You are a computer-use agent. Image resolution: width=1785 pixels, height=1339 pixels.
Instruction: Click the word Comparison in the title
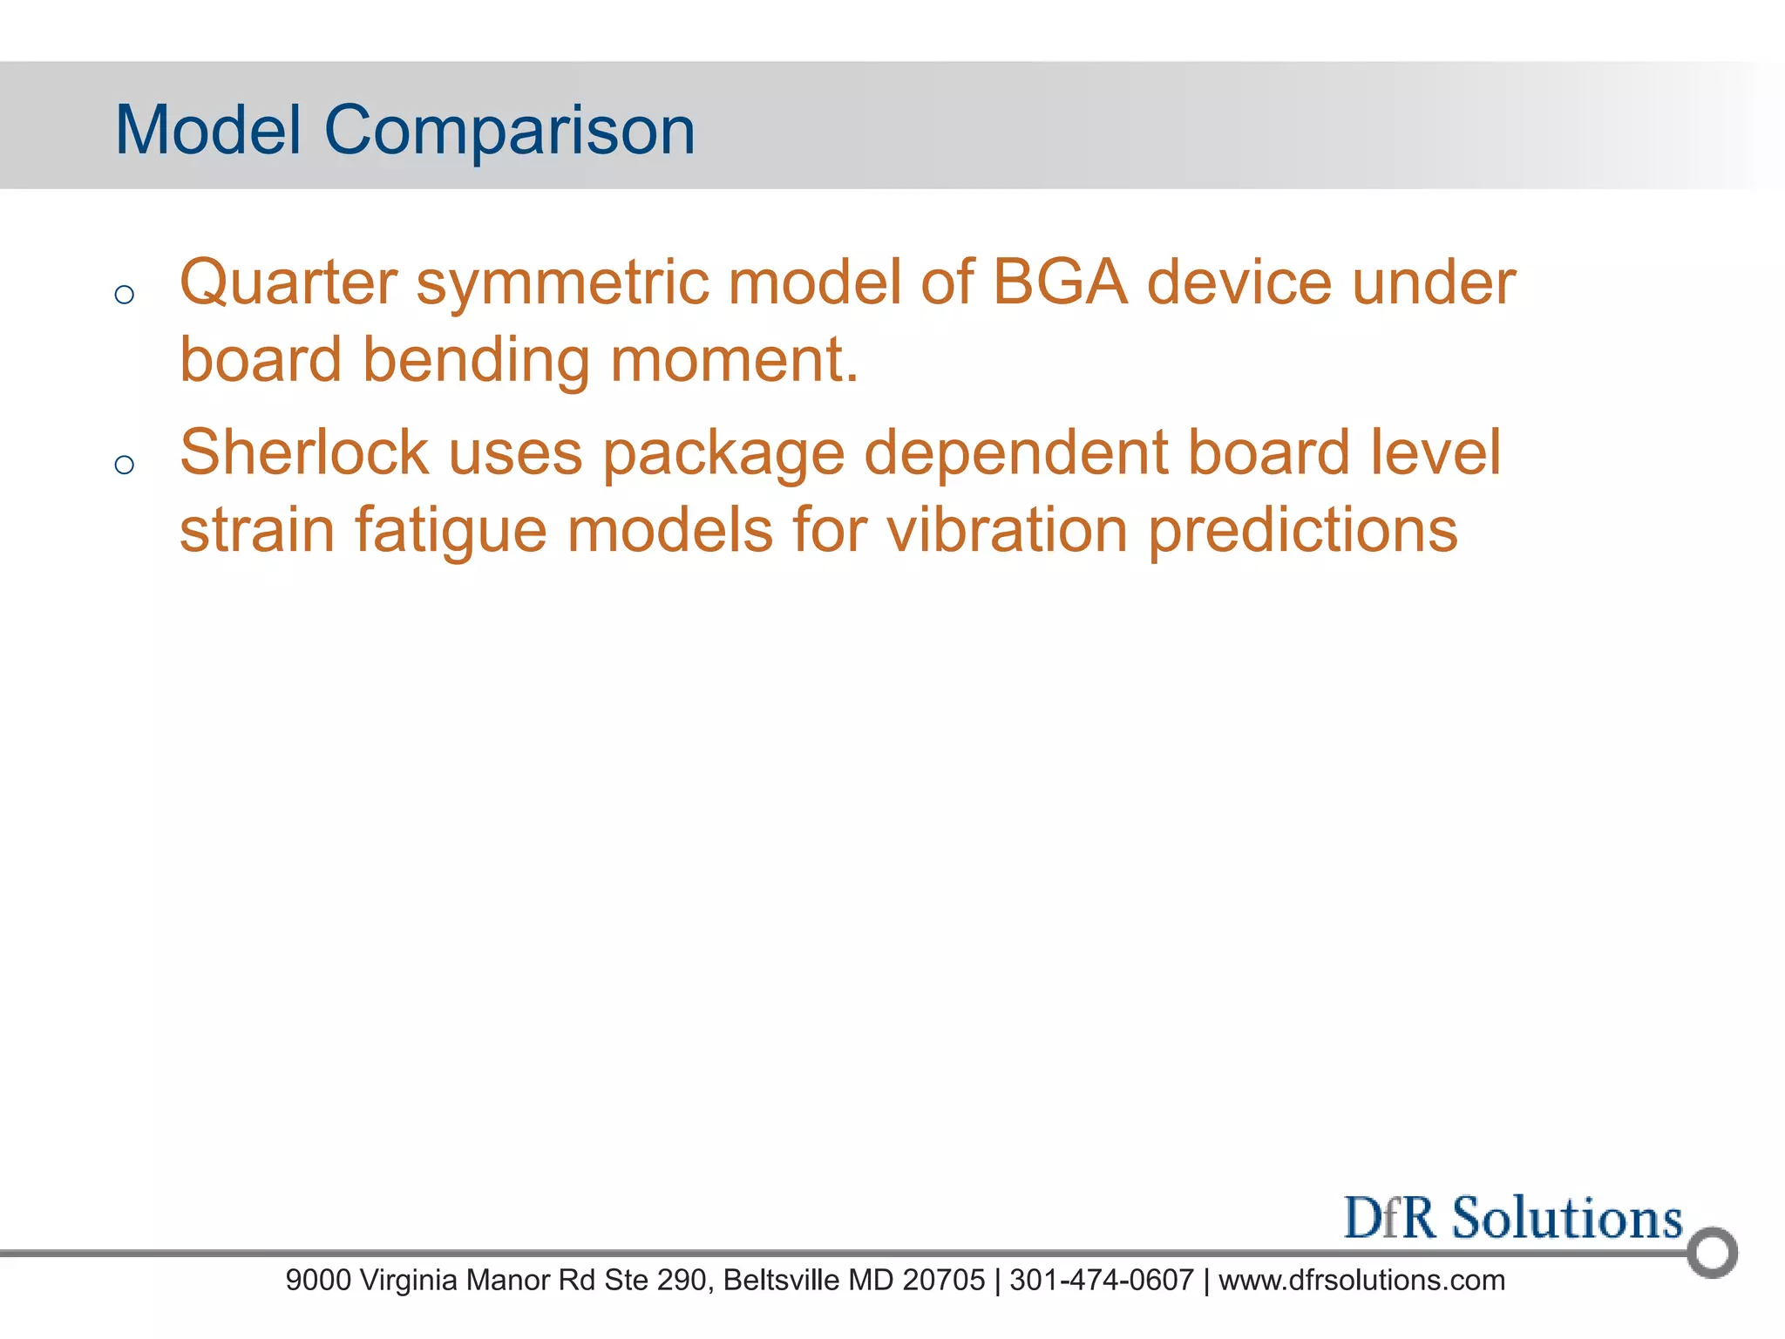click(509, 131)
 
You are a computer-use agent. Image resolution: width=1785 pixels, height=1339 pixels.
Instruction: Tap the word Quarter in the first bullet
click(288, 283)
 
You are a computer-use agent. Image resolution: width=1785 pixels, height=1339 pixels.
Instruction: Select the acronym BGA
click(1059, 283)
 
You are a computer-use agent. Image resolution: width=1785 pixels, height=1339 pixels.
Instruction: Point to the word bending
click(476, 360)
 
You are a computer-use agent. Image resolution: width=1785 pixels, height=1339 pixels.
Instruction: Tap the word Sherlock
click(303, 453)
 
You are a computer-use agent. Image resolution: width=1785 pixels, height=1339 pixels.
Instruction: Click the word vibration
click(1007, 529)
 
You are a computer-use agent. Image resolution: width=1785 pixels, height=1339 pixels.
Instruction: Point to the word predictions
click(1302, 531)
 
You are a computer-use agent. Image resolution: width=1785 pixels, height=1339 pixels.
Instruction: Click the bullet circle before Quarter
click(125, 295)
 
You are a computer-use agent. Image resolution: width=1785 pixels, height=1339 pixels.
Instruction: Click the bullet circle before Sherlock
click(125, 465)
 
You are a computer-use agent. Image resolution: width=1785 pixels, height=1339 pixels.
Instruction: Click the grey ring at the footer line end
click(1712, 1253)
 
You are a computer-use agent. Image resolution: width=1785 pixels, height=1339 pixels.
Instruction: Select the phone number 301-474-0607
click(1101, 1281)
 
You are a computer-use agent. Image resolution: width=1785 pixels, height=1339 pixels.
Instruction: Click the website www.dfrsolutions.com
click(1361, 1281)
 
